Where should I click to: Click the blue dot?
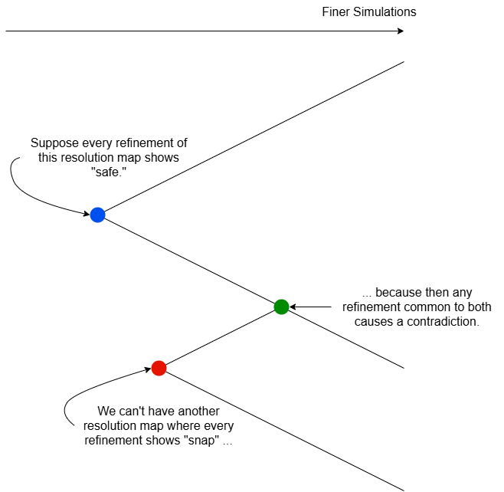pos(97,215)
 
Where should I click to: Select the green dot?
pos(281,307)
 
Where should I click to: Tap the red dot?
pos(159,368)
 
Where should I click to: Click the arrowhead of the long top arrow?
pos(400,31)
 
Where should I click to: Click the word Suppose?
pos(52,143)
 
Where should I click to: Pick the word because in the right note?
pos(403,293)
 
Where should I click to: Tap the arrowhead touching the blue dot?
pos(86,213)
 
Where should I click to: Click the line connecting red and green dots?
pos(220,337)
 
